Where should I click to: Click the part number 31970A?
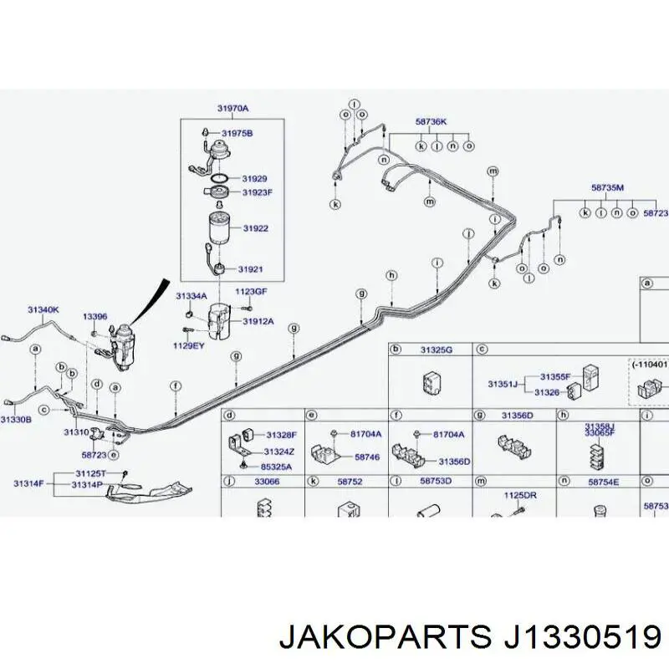[233, 108]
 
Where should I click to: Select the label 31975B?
[237, 133]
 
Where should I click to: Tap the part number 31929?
[254, 179]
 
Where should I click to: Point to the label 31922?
[255, 228]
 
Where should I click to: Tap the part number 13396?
[94, 317]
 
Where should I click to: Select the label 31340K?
[43, 309]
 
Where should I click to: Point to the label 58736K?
[432, 121]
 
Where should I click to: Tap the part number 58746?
[366, 457]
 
